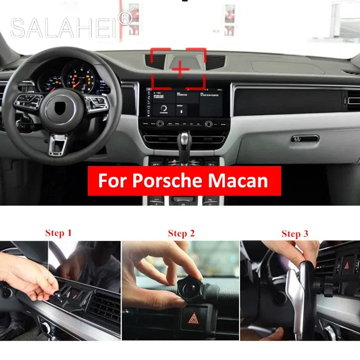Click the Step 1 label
(x=58, y=233)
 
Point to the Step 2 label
(x=181, y=233)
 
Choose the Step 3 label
(x=295, y=233)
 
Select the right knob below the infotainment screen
(x=208, y=124)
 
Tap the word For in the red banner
(x=111, y=180)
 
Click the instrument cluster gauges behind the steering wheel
(x=72, y=76)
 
